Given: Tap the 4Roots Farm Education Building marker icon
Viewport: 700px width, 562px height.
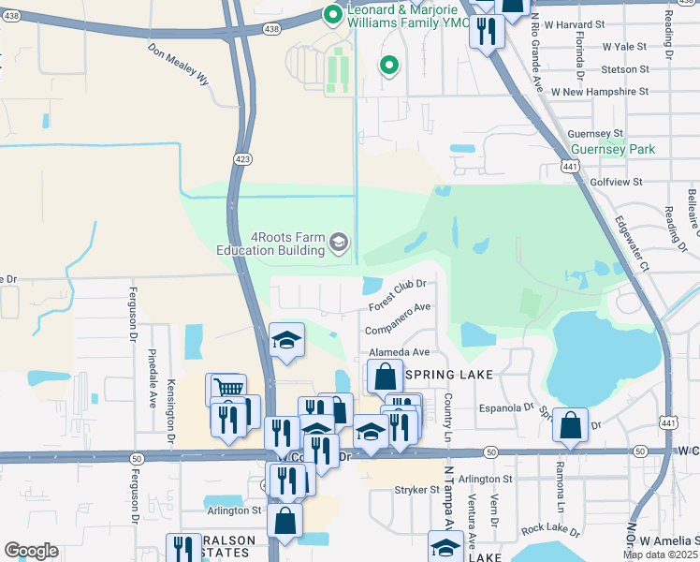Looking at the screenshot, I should tap(339, 244).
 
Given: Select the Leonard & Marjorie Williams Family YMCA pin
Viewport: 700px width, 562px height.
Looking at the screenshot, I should tap(332, 14).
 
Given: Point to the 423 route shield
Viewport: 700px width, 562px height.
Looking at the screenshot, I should tap(242, 160).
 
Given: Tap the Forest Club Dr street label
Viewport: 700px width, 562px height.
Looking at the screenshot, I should tap(398, 295).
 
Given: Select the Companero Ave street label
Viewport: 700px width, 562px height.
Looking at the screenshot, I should tap(398, 316).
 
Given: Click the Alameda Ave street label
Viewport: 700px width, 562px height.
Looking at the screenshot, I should tap(399, 352).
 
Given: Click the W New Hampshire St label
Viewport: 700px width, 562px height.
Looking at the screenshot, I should tap(600, 92).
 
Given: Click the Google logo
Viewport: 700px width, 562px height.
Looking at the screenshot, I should tap(31, 551).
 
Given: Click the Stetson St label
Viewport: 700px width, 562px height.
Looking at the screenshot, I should tap(625, 69).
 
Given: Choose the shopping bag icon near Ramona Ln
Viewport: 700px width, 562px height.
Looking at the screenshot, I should tap(570, 426).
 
